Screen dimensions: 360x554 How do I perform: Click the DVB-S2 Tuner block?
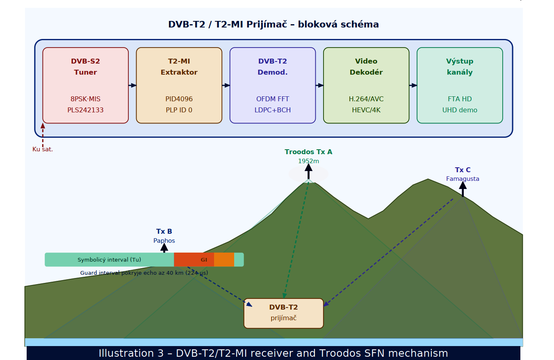85,85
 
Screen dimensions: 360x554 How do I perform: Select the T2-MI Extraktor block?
179,85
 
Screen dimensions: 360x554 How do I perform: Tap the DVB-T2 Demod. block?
272,85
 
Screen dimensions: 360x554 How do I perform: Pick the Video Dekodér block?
366,85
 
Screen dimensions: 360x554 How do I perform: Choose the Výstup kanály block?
459,85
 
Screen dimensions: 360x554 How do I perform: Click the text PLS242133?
85,110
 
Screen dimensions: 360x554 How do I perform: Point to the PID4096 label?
179,99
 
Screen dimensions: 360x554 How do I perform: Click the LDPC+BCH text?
272,110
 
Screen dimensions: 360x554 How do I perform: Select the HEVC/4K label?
366,110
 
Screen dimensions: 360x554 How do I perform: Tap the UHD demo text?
459,110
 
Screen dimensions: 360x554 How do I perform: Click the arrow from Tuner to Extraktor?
132,85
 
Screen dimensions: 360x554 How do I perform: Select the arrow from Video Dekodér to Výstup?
413,85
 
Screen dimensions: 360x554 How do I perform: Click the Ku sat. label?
43,149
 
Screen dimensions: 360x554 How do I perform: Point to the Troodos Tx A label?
308,152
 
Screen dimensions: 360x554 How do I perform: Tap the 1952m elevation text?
308,161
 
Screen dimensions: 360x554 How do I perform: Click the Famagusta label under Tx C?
463,179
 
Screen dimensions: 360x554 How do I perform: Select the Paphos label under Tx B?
164,241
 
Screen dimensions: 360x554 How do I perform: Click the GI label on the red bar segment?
204,260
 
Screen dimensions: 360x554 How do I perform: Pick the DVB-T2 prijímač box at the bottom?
283,313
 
